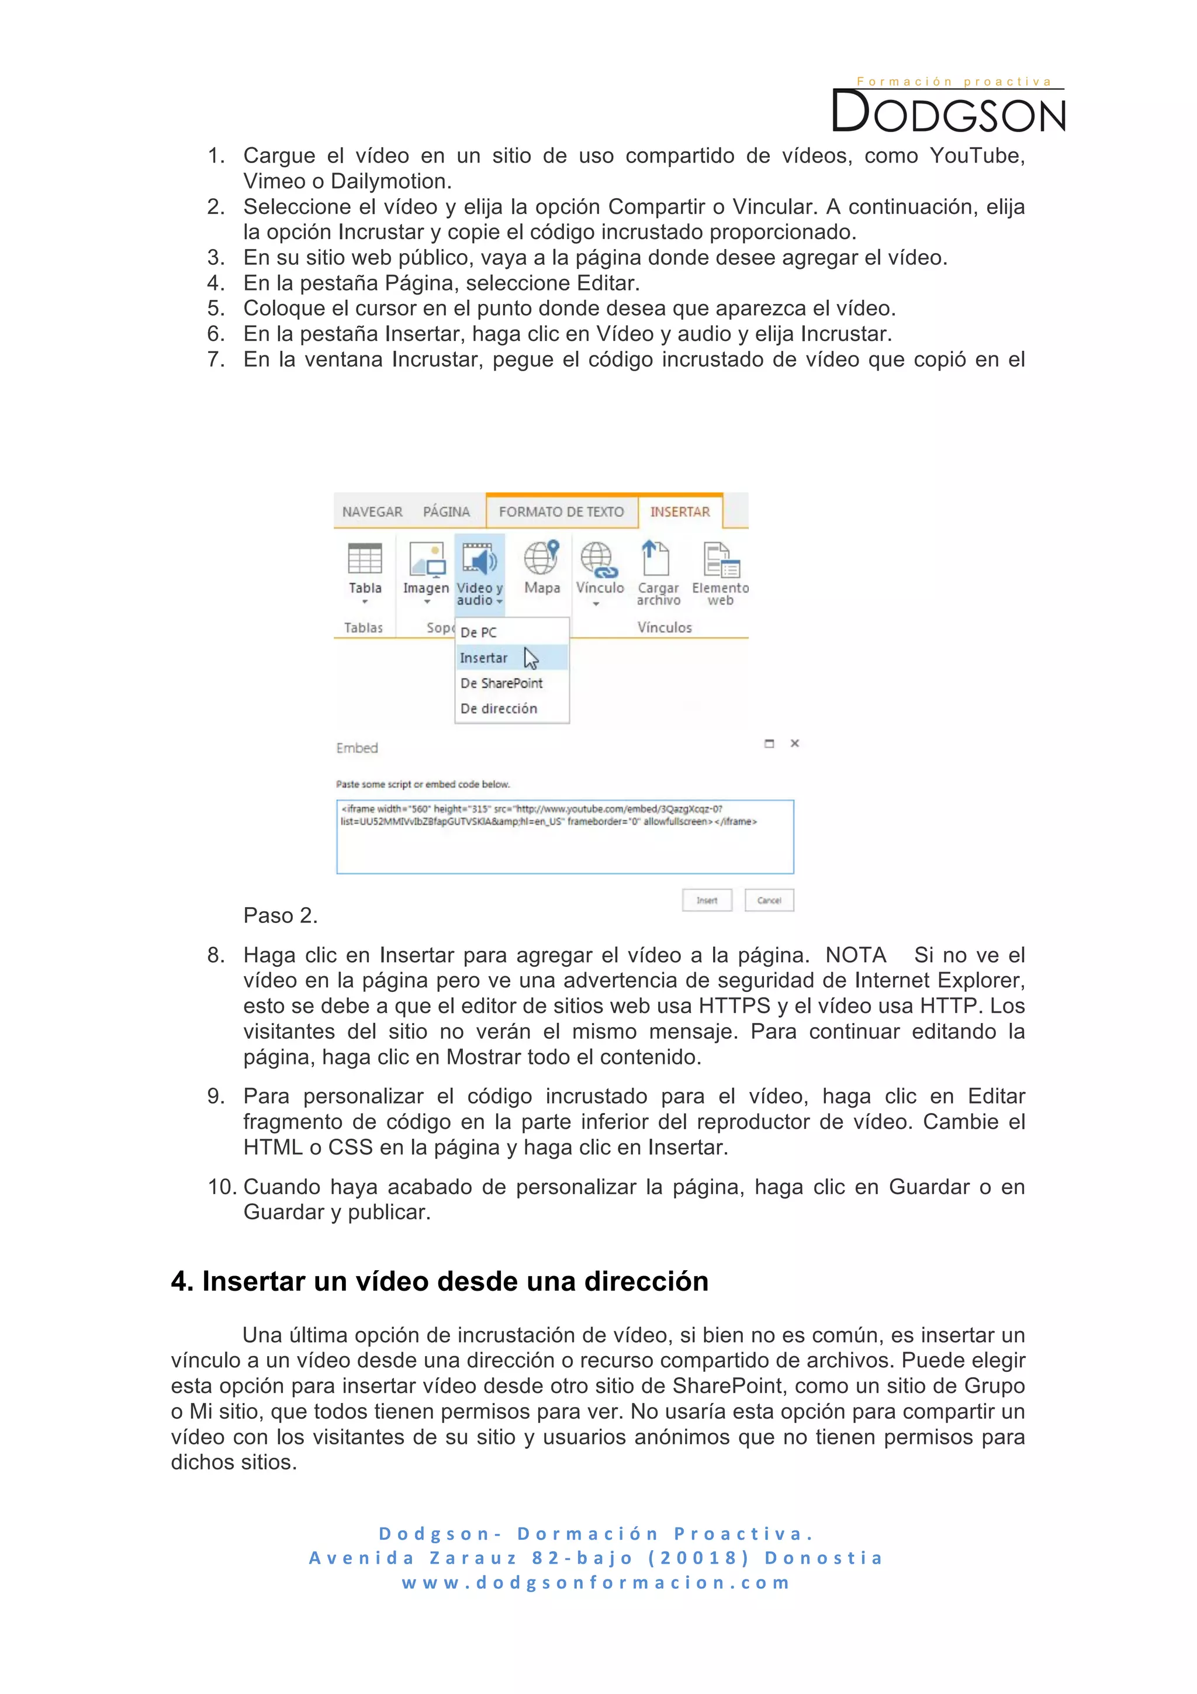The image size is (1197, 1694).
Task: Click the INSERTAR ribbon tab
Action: click(x=679, y=511)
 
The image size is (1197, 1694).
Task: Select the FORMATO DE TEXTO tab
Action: click(x=561, y=511)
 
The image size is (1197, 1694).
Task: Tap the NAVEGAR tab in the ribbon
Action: click(x=372, y=511)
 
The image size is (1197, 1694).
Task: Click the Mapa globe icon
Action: click(x=541, y=557)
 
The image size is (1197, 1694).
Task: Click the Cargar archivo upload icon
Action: click(x=656, y=558)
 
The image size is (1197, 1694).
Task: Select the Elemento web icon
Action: click(x=721, y=559)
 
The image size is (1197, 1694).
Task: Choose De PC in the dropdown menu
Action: click(x=479, y=632)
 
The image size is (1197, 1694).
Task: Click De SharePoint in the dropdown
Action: click(x=501, y=683)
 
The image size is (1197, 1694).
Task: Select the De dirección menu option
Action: click(x=499, y=708)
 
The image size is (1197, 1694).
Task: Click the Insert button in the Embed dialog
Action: click(x=707, y=900)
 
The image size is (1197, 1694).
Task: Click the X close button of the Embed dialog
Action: click(x=794, y=743)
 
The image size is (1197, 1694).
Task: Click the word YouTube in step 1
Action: click(x=974, y=155)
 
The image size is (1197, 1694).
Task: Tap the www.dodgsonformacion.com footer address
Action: click(x=596, y=1582)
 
